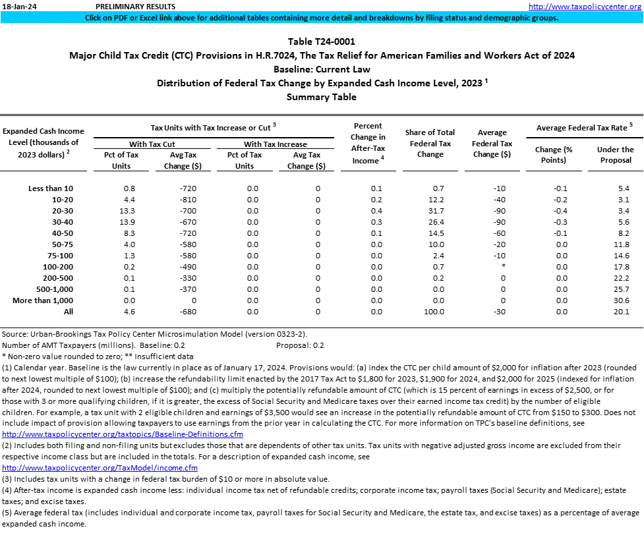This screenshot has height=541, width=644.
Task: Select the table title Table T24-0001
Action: (x=322, y=42)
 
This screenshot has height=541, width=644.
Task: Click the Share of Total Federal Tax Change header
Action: (x=430, y=144)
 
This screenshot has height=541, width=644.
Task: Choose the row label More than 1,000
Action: (x=43, y=300)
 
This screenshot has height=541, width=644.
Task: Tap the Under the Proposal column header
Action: (x=615, y=154)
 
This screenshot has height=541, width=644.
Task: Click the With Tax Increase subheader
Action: (x=276, y=144)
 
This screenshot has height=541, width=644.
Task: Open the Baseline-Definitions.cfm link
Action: (x=123, y=435)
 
